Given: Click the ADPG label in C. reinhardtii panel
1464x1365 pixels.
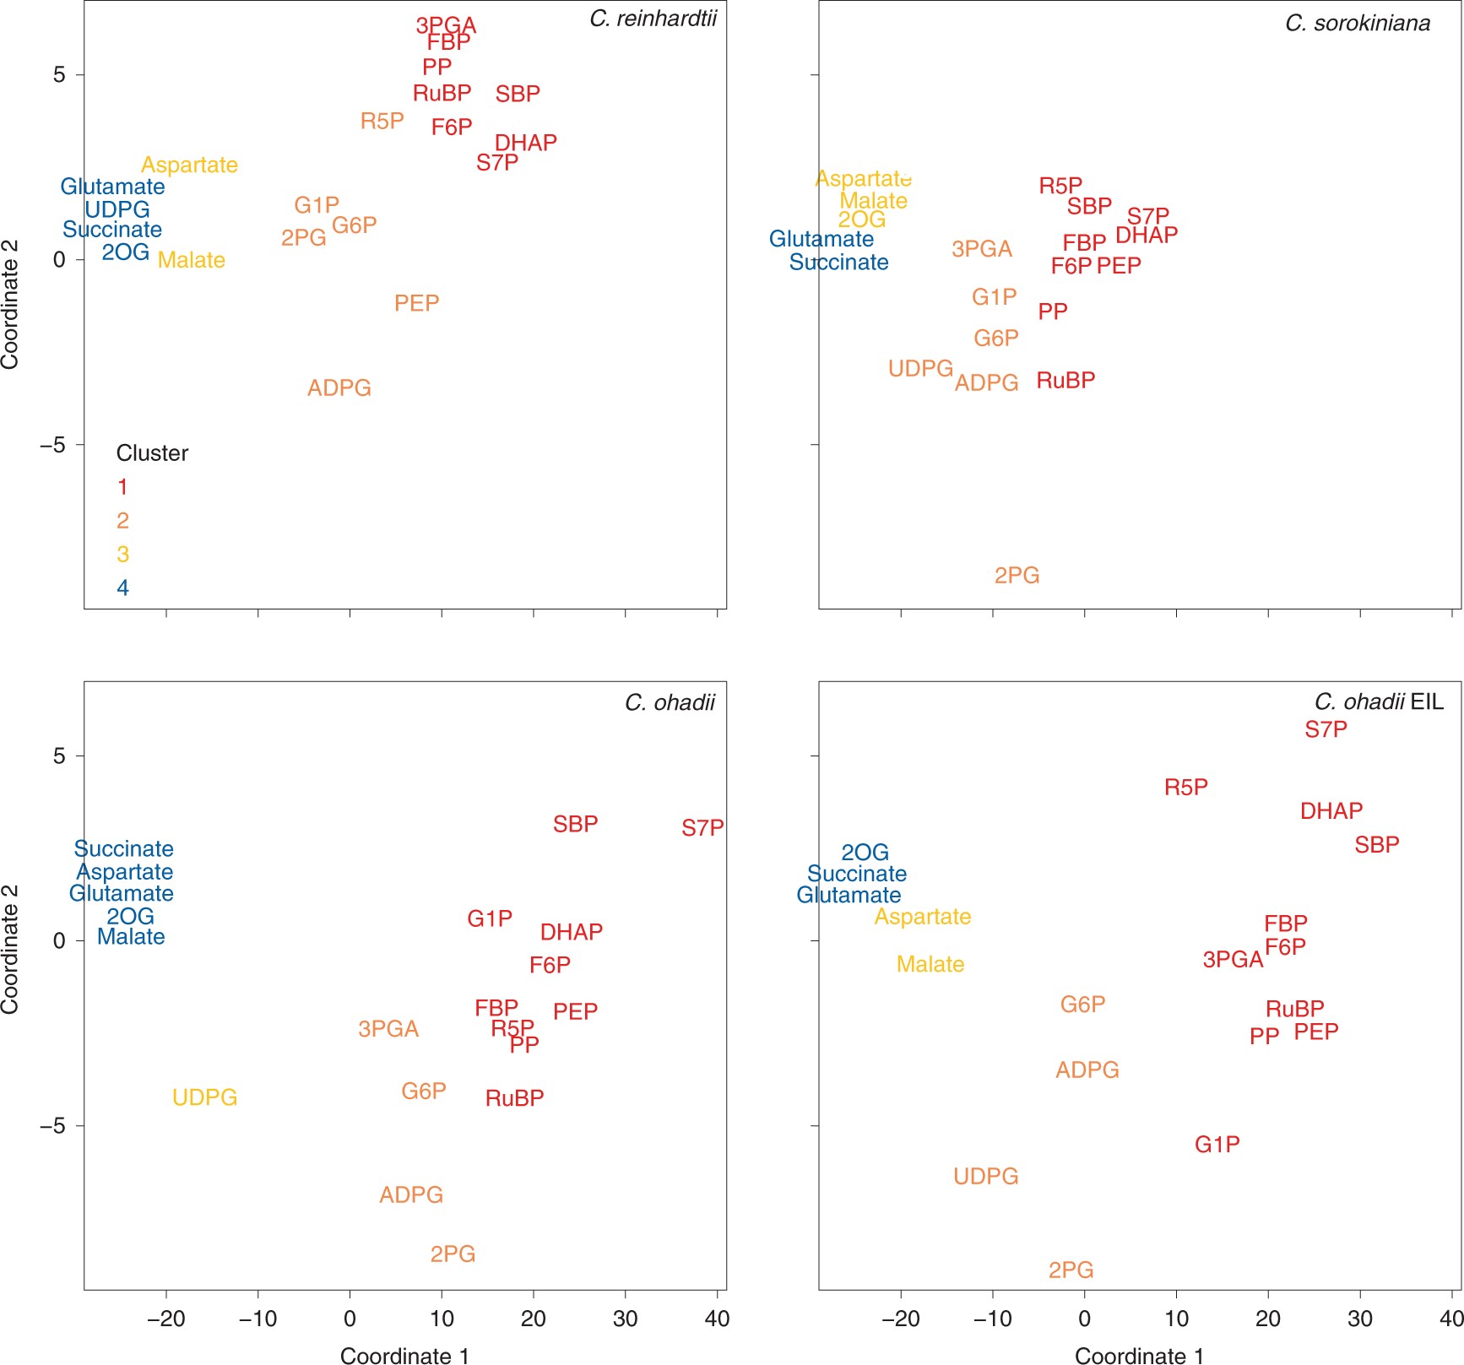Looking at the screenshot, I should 339,387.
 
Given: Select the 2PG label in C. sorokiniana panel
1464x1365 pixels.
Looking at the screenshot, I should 1017,575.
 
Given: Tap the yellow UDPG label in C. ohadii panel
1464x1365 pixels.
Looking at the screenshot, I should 204,1097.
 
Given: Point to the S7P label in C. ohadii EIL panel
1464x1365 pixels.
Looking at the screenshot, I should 1326,729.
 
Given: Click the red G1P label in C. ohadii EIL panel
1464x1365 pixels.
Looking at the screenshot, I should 1217,1144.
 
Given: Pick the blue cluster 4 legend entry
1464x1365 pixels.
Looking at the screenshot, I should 122,588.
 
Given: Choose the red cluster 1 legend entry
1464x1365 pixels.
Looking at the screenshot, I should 122,487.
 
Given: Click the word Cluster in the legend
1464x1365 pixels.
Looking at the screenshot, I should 152,453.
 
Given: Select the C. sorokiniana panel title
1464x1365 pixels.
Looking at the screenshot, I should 1357,23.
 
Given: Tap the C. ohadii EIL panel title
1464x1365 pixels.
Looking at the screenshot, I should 1379,701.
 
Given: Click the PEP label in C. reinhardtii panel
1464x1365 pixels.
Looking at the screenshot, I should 416,302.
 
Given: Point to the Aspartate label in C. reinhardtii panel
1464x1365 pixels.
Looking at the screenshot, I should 189,165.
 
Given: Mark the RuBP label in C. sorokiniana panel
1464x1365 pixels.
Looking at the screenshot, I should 1065,380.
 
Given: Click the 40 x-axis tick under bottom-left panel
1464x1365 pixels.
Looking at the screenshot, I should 717,1319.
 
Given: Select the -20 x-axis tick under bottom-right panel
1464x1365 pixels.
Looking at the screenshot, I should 900,1319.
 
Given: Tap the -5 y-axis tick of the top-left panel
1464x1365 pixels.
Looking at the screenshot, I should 52,445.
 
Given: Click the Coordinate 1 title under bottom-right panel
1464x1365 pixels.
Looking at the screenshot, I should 1139,1356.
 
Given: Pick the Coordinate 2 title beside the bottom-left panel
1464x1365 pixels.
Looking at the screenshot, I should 10,949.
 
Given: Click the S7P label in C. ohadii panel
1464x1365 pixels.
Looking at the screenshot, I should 702,828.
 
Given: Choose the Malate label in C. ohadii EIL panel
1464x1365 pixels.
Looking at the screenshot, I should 930,964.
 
